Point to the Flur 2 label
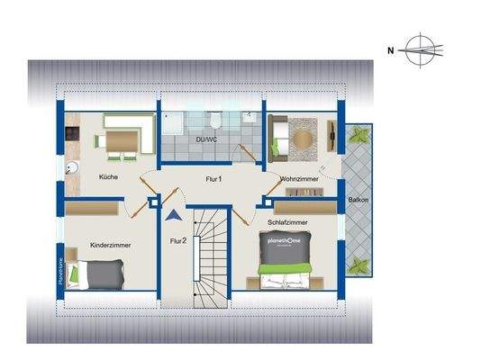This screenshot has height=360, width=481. tap(178, 240)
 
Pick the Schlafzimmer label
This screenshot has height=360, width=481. tap(288, 220)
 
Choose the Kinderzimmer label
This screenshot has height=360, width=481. tap(111, 244)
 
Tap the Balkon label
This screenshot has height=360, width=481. tap(357, 200)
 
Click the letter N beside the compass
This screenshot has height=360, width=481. tap(391, 50)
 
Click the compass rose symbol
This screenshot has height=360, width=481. tap(421, 50)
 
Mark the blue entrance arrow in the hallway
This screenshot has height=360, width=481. tap(172, 215)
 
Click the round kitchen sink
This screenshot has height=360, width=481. tap(72, 167)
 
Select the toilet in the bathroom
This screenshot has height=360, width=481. tap(216, 123)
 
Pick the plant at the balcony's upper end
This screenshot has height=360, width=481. tap(359, 135)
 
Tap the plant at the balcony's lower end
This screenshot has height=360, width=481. tap(359, 266)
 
